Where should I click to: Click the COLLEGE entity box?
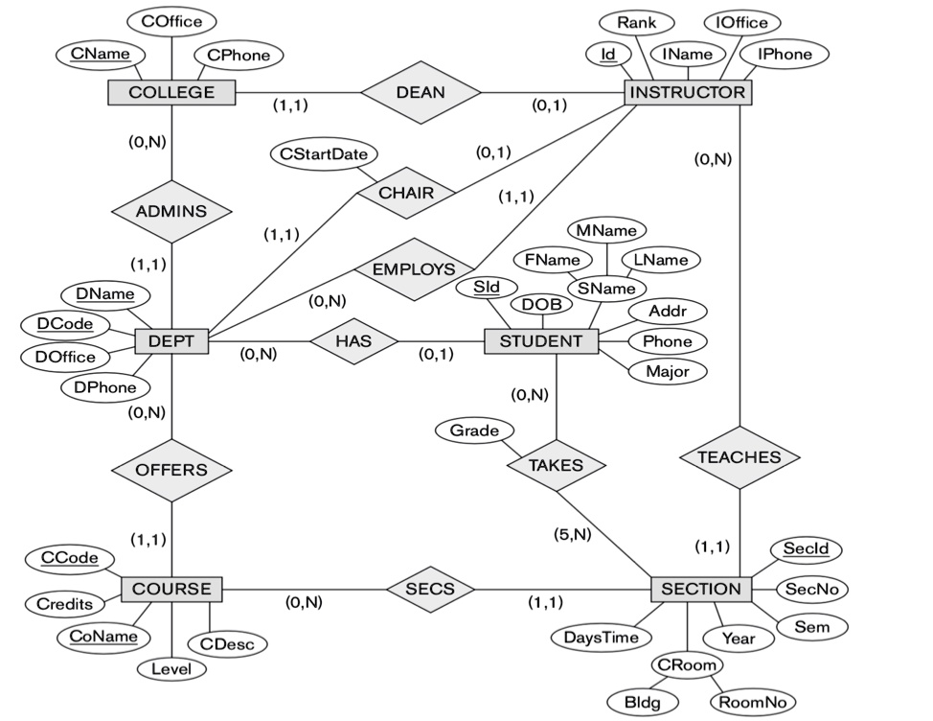(171, 92)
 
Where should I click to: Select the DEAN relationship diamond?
(421, 92)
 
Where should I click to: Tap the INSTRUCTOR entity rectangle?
(688, 92)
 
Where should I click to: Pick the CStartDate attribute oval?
(324, 152)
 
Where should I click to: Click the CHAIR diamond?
(406, 193)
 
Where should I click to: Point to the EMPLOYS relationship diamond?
(413, 268)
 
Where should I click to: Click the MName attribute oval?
(606, 230)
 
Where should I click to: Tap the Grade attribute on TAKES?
(474, 430)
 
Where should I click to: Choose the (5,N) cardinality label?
(574, 534)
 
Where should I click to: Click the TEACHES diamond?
(739, 457)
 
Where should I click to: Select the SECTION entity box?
(700, 589)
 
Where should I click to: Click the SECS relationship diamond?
(421, 588)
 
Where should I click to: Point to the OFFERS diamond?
(171, 470)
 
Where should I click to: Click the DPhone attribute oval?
(105, 387)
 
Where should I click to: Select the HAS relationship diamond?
(353, 340)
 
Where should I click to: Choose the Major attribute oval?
(668, 370)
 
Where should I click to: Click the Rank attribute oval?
(636, 21)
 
